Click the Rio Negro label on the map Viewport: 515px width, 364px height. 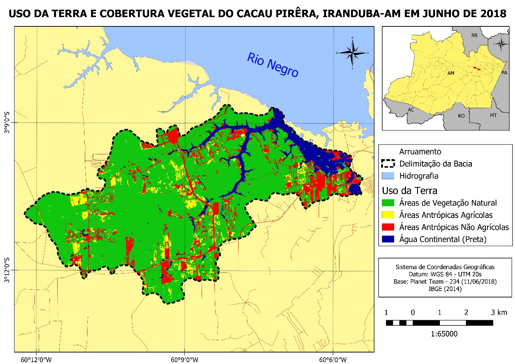pyautogui.click(x=273, y=65)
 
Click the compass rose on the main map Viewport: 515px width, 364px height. pyautogui.click(x=353, y=53)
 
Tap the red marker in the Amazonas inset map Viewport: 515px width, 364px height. pyautogui.click(x=476, y=68)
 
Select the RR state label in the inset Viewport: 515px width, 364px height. pyautogui.click(x=474, y=36)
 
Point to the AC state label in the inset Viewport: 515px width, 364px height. pyautogui.click(x=411, y=110)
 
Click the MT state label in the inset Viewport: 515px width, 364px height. pyautogui.click(x=493, y=115)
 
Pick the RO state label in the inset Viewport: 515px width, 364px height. pyautogui.click(x=461, y=116)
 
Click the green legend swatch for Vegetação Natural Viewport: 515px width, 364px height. pyautogui.click(x=388, y=203)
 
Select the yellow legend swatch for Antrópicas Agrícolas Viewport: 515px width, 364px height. pyautogui.click(x=388, y=215)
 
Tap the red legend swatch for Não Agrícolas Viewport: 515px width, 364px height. pyautogui.click(x=388, y=227)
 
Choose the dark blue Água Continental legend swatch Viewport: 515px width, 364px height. pyautogui.click(x=388, y=239)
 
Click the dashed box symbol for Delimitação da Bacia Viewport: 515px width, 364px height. pyautogui.click(x=388, y=164)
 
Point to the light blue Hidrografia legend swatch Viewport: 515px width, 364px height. pyautogui.click(x=388, y=176)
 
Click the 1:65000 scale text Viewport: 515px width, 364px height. pyautogui.click(x=444, y=334)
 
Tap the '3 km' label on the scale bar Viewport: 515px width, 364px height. pyautogui.click(x=499, y=312)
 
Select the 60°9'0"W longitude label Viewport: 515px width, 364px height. pyautogui.click(x=185, y=360)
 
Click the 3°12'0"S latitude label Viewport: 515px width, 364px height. pyautogui.click(x=7, y=270)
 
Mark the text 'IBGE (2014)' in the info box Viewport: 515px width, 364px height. pyautogui.click(x=445, y=289)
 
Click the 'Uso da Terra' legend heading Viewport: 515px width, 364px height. pyautogui.click(x=409, y=191)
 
